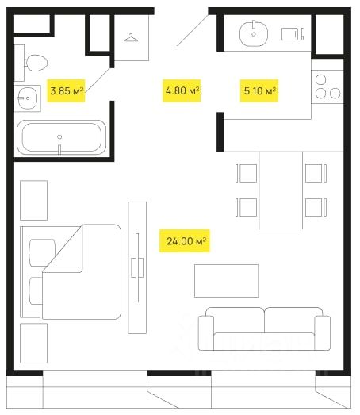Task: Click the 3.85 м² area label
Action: click(x=66, y=90)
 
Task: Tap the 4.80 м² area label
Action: click(x=182, y=90)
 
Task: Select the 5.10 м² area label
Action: click(x=259, y=90)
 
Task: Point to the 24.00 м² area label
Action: click(x=185, y=241)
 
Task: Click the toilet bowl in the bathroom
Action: click(x=36, y=63)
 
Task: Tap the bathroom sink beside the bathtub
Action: click(x=27, y=98)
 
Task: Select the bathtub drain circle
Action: click(x=59, y=136)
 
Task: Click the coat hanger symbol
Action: click(x=131, y=38)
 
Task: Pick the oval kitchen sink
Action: click(x=254, y=33)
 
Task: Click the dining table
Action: click(x=281, y=190)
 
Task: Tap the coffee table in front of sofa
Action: click(x=227, y=281)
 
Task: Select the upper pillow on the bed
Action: click(x=42, y=252)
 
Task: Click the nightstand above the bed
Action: click(x=34, y=200)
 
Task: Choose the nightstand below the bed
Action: click(x=34, y=343)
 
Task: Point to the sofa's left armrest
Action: click(x=206, y=333)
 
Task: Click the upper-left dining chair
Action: click(x=247, y=173)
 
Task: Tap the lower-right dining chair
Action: click(x=316, y=207)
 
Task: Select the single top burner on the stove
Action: click(x=321, y=79)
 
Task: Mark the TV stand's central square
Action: click(x=137, y=267)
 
